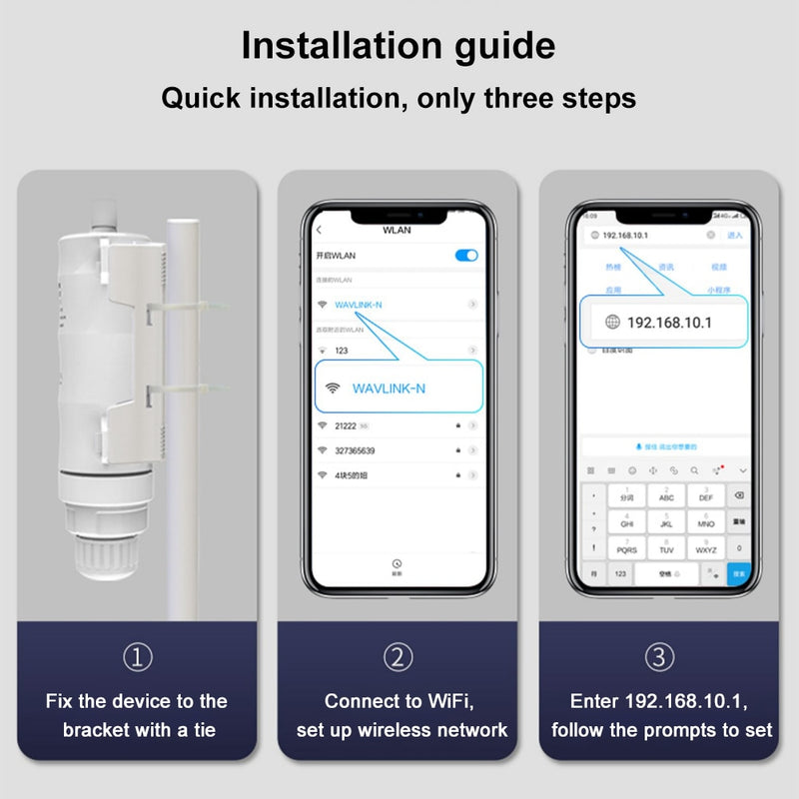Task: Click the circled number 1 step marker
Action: coord(138,656)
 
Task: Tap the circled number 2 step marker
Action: coord(399,656)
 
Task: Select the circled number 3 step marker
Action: coord(659,656)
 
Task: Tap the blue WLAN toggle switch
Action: coord(466,255)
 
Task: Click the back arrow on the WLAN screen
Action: coord(319,231)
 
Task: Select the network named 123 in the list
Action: coord(342,351)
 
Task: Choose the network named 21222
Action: coord(348,425)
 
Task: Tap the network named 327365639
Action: coord(357,450)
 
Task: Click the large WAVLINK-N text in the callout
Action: coord(389,389)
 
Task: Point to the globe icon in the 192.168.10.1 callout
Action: coord(612,322)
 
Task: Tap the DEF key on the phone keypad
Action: coord(706,496)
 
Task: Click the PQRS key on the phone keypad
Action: coord(627,548)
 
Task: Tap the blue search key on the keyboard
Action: coord(738,573)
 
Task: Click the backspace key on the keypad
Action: coord(738,496)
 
